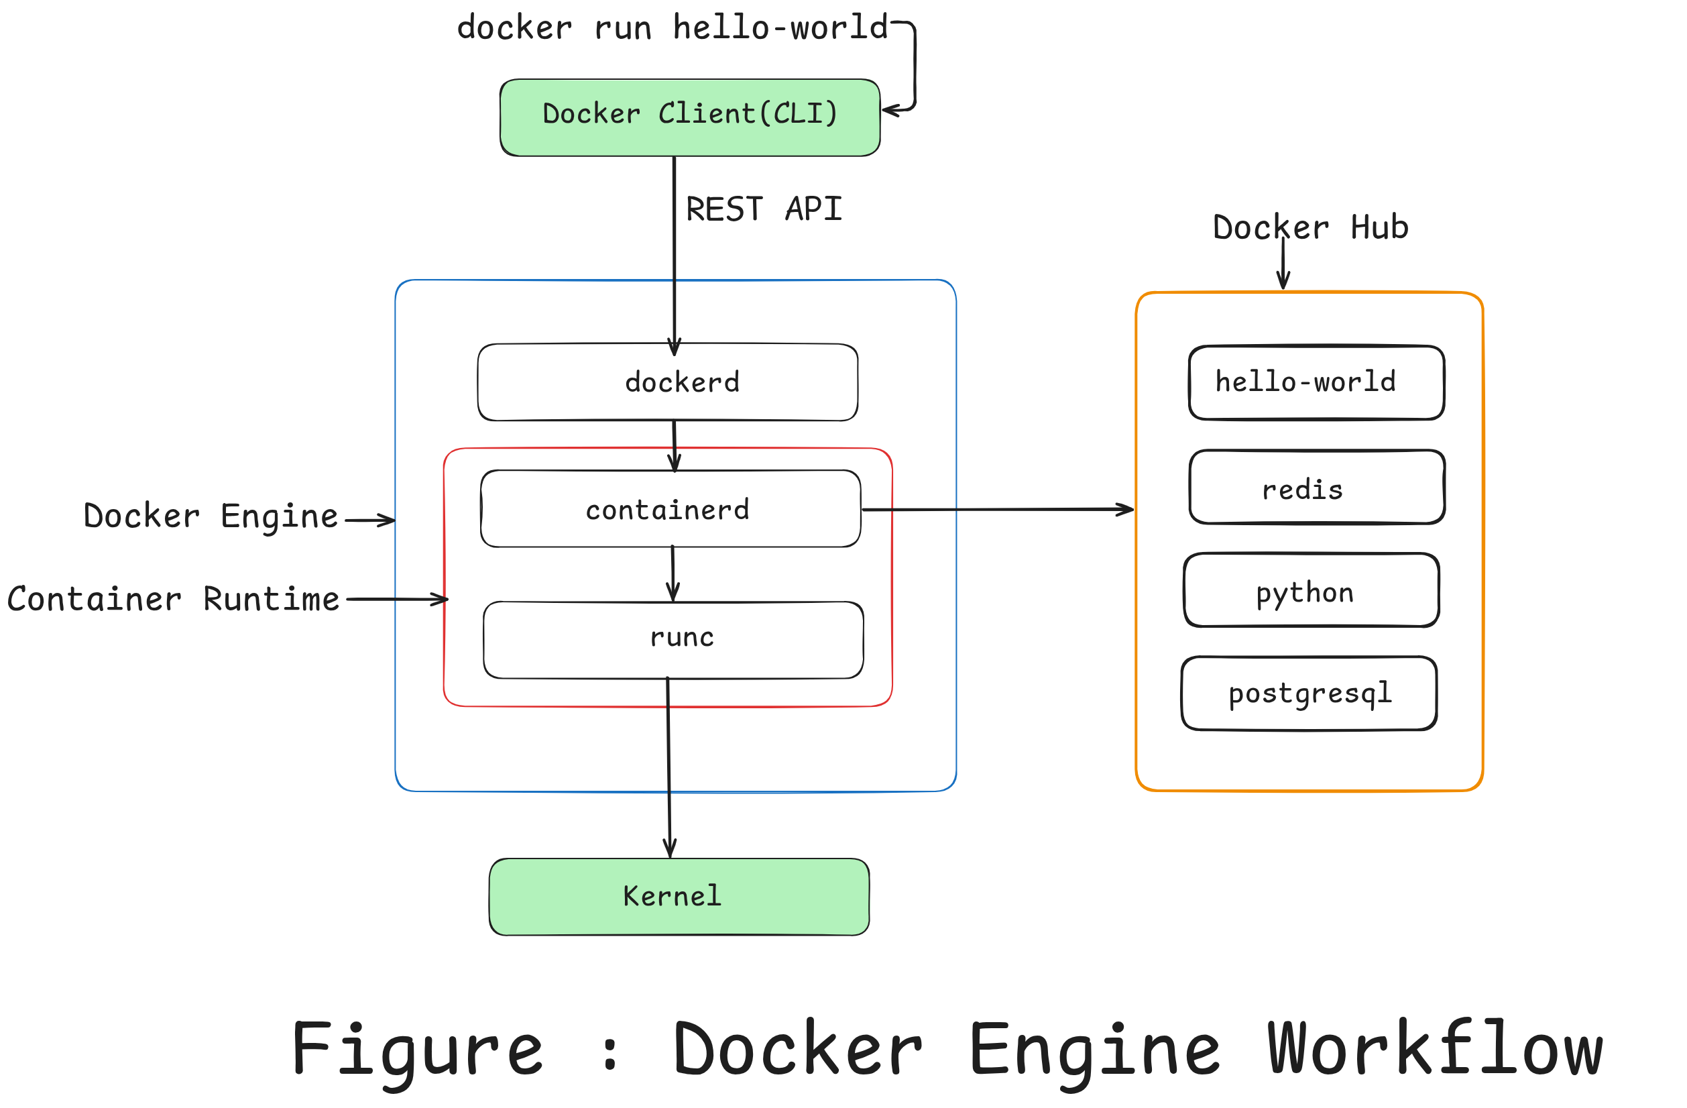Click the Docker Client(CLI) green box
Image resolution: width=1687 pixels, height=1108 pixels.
[x=689, y=117]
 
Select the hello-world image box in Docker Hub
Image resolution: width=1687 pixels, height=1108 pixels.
[x=1316, y=383]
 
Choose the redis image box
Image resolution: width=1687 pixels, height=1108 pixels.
[x=1316, y=488]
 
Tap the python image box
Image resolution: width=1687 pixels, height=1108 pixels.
[x=1311, y=591]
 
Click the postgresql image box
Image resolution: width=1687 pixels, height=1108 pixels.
[x=1308, y=694]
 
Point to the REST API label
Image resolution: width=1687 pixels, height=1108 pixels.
[x=764, y=209]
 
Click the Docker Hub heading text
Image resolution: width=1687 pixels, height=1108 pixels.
[x=1310, y=227]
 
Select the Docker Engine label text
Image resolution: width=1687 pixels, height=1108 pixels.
[x=211, y=516]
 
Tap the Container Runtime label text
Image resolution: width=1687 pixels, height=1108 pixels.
[x=173, y=600]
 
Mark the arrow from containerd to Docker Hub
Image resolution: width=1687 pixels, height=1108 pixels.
[x=996, y=510]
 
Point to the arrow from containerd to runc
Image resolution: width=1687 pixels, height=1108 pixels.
[x=673, y=574]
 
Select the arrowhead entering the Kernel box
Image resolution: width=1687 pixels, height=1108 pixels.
[x=670, y=848]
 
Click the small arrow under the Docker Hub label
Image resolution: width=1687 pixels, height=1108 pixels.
[x=1283, y=266]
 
